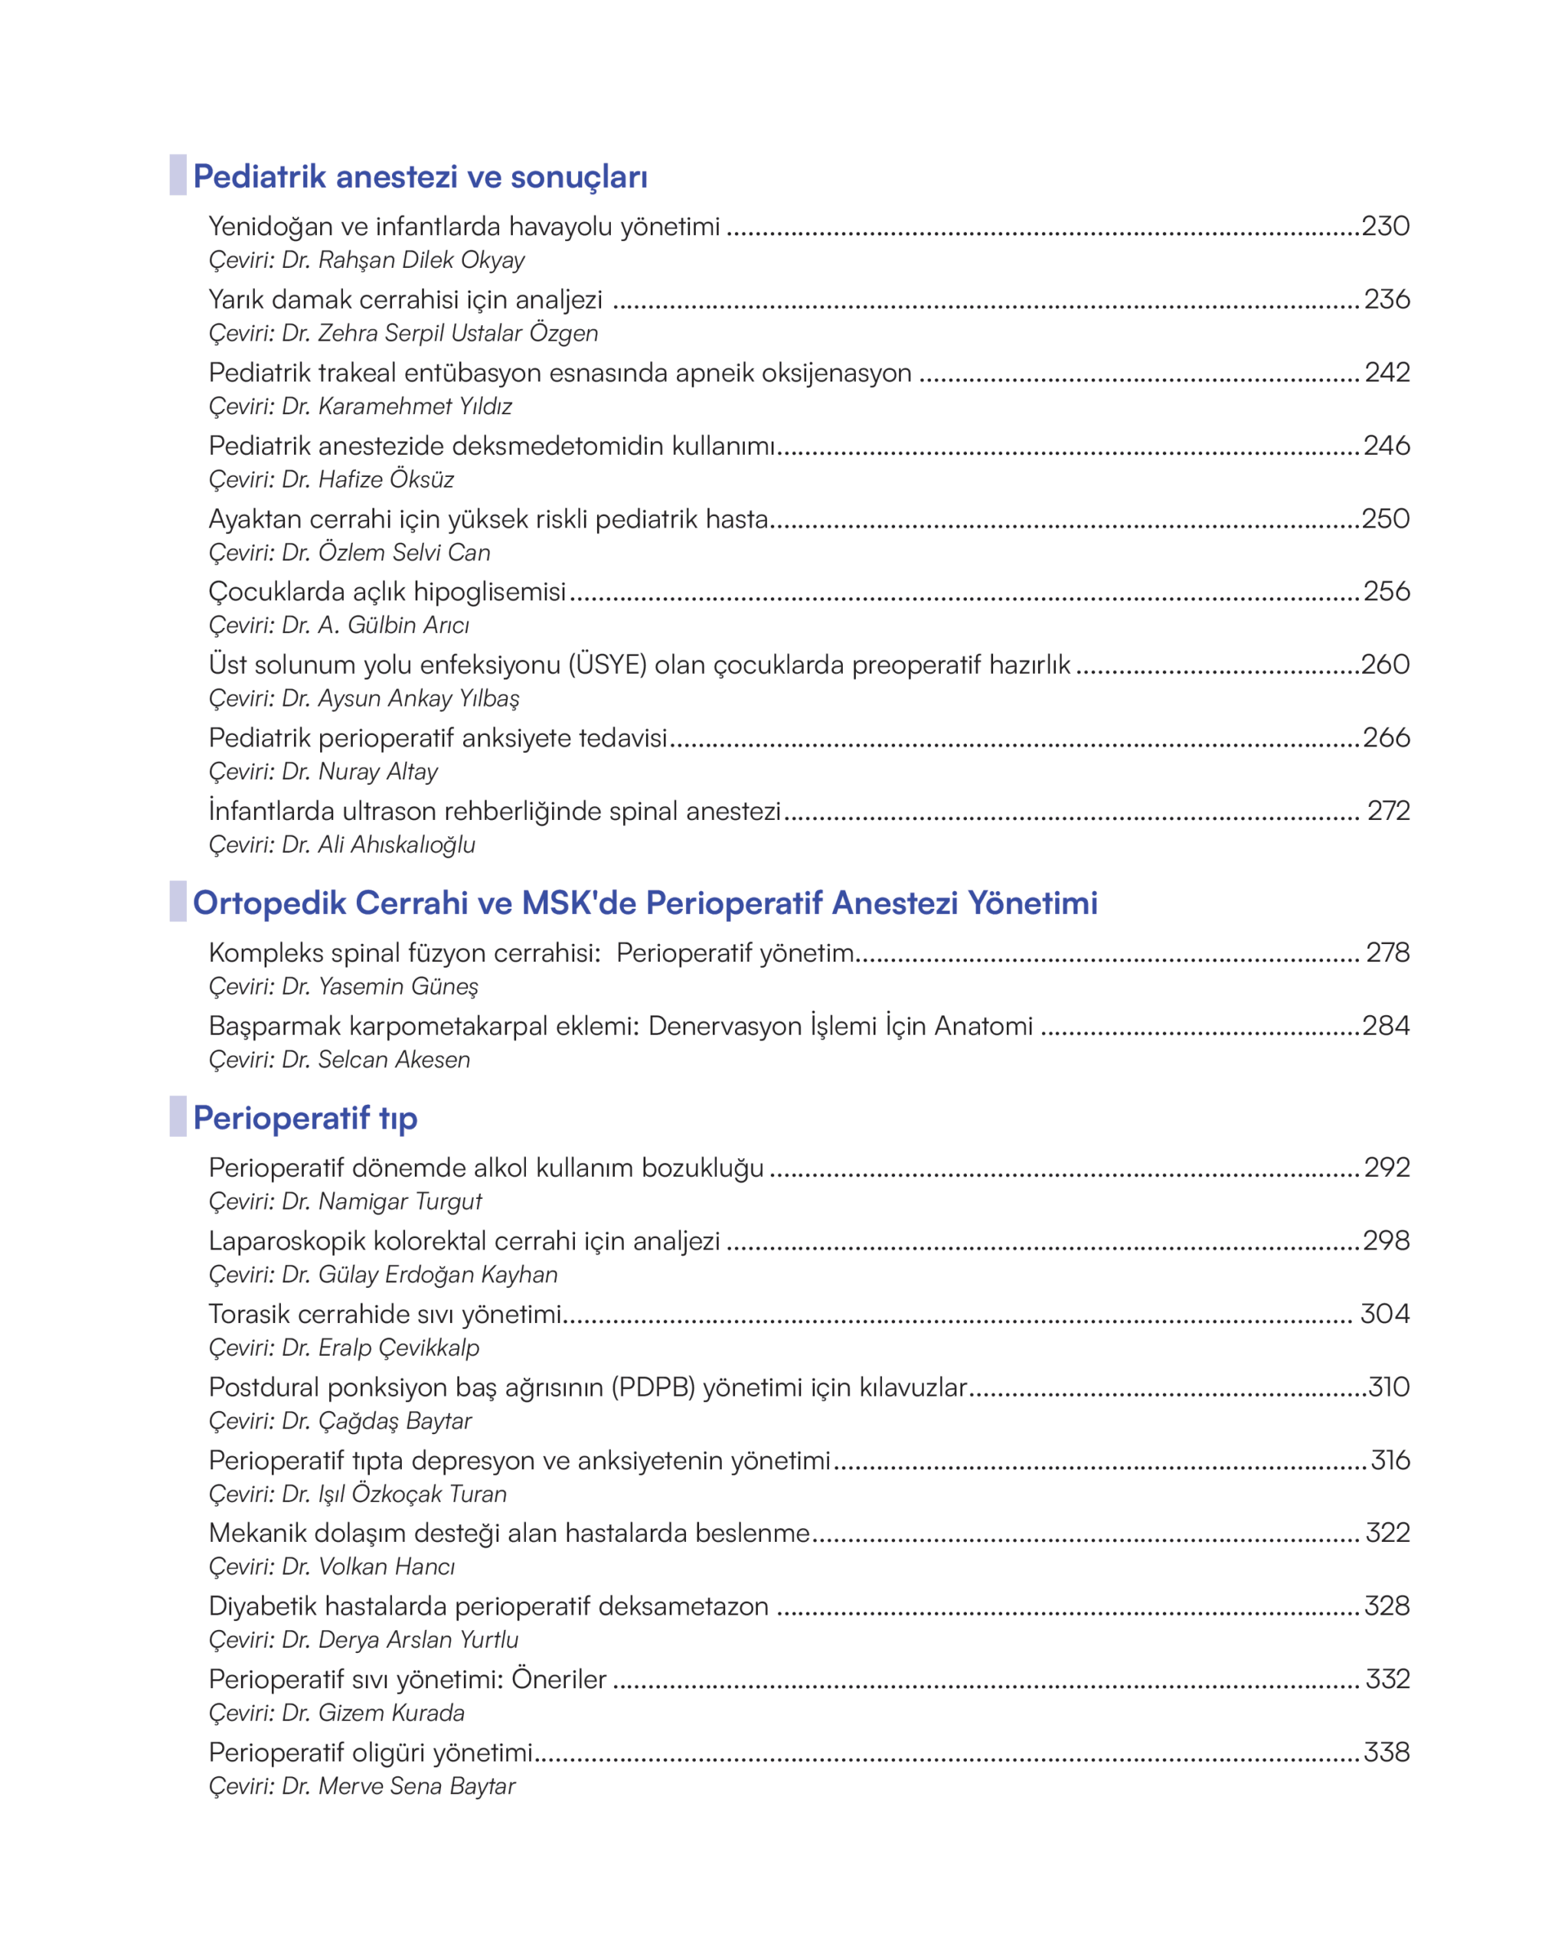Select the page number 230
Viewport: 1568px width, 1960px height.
(1384, 225)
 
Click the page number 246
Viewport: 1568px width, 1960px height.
(1387, 446)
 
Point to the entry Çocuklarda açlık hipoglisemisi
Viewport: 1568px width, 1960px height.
(387, 592)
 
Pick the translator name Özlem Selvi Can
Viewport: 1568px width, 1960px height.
(403, 553)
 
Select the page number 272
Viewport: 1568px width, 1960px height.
(1388, 810)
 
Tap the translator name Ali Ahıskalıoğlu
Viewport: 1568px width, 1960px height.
(397, 844)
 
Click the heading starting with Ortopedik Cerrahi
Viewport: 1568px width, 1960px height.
(645, 903)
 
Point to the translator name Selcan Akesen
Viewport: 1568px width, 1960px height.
(394, 1060)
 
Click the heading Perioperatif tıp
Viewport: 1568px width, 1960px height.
(305, 1118)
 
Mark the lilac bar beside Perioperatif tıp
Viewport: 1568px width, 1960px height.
(178, 1116)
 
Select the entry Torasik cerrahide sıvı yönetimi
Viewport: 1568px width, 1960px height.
(384, 1314)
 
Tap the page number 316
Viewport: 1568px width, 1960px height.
(1390, 1460)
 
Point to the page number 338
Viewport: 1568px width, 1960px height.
(1387, 1752)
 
